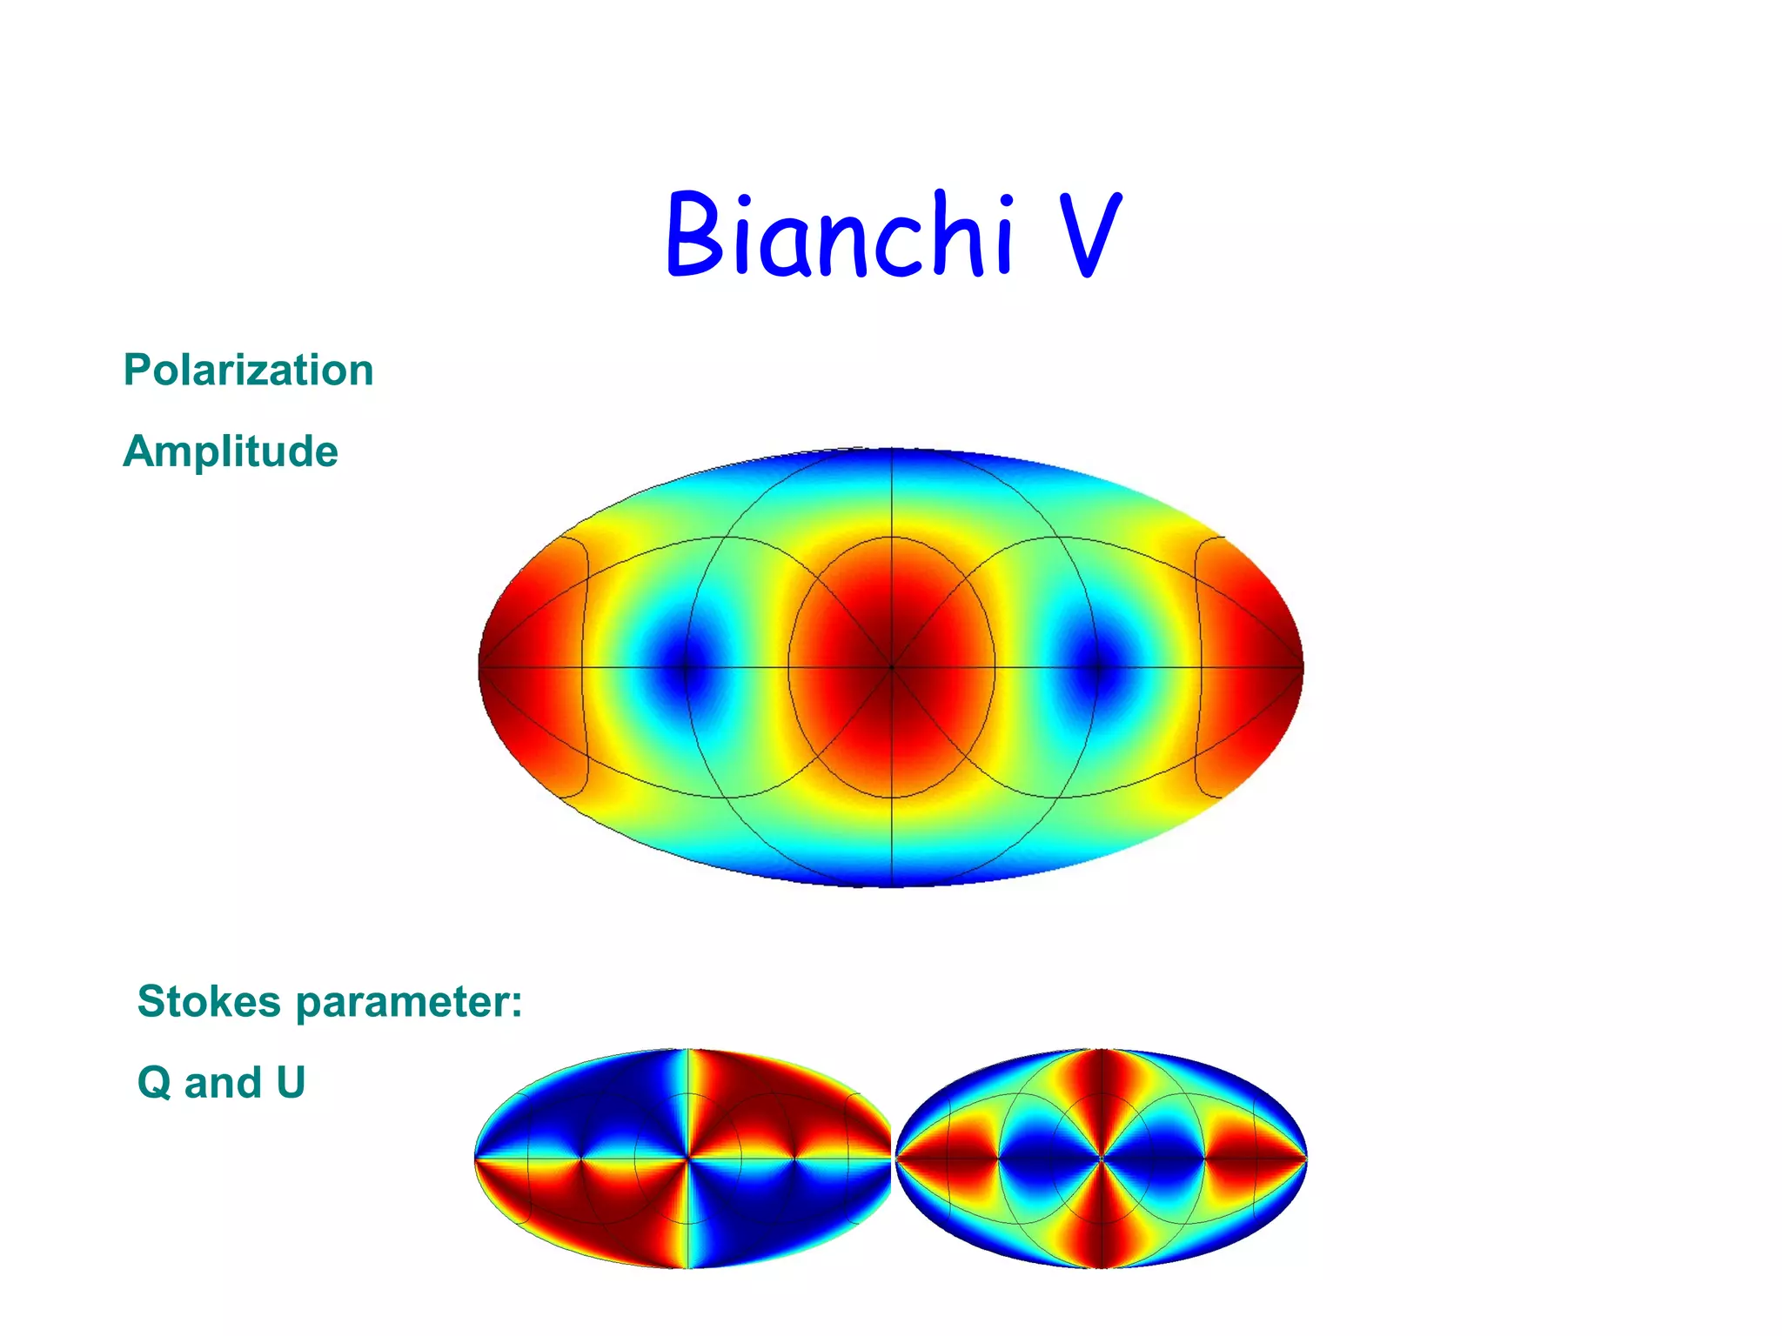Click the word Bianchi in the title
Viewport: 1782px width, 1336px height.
pyautogui.click(x=840, y=235)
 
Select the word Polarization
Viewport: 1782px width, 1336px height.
pyautogui.click(x=249, y=371)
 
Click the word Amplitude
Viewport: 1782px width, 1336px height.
pyautogui.click(x=231, y=451)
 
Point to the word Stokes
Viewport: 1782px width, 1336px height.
pyautogui.click(x=209, y=1001)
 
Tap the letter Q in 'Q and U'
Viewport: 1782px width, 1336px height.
pyautogui.click(x=154, y=1084)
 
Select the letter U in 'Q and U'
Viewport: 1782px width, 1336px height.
pyautogui.click(x=291, y=1083)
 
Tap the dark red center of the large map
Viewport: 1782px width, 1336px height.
pyautogui.click(x=891, y=668)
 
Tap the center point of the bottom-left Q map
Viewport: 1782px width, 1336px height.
pyautogui.click(x=688, y=1159)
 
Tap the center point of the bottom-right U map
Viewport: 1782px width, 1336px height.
pyautogui.click(x=1102, y=1159)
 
